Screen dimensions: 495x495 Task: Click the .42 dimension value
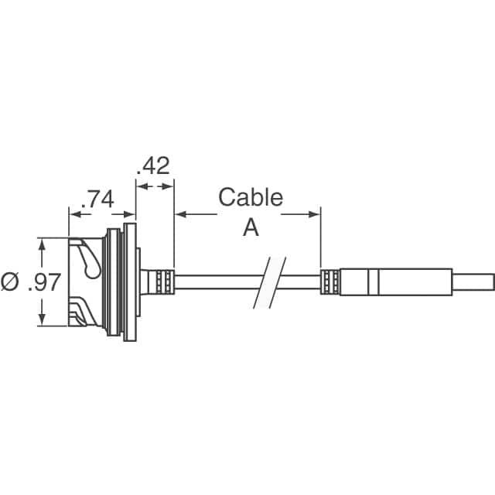pyautogui.click(x=153, y=166)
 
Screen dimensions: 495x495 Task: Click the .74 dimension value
pyautogui.click(x=97, y=200)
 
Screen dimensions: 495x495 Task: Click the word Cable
pyautogui.click(x=251, y=197)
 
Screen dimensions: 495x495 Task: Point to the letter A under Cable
pyautogui.click(x=251, y=228)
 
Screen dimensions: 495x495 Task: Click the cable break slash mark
pyautogui.click(x=269, y=282)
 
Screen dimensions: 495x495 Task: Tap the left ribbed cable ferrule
pyautogui.click(x=165, y=282)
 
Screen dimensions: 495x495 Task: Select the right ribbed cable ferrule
pyautogui.click(x=330, y=282)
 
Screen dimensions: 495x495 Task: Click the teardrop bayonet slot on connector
pyautogui.click(x=90, y=261)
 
